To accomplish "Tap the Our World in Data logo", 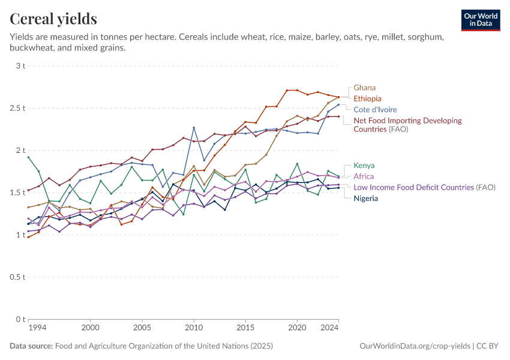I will [481, 20].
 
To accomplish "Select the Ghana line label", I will [365, 88].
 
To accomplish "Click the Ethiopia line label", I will [367, 98].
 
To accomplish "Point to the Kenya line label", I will [365, 165].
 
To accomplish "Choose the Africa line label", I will [364, 176].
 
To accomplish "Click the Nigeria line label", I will [365, 198].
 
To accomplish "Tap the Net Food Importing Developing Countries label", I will [407, 125].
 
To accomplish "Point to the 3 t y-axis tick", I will [20, 66].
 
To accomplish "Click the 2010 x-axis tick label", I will [193, 328].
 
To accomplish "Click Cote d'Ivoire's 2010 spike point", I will [194, 128].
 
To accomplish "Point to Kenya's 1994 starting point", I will [28, 157].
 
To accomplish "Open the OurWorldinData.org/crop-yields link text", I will [414, 346].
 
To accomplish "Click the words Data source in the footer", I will [31, 346].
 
